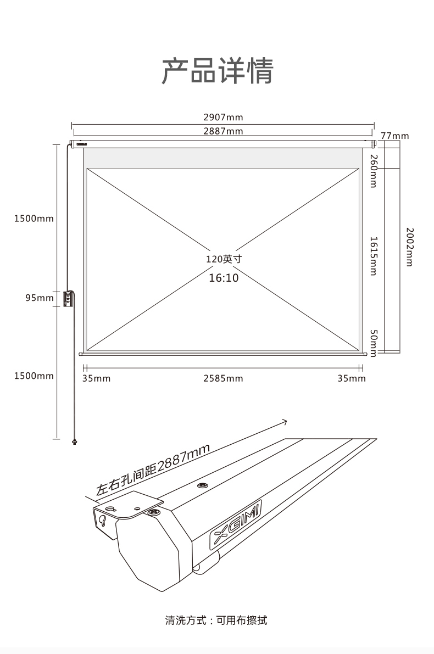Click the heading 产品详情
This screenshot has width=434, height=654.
pyautogui.click(x=218, y=71)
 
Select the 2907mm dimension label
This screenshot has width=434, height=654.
pyautogui.click(x=223, y=117)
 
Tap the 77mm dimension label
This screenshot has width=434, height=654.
pyautogui.click(x=395, y=136)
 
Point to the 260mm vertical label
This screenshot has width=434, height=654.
pyautogui.click(x=374, y=171)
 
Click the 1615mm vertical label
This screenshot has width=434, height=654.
pyautogui.click(x=374, y=256)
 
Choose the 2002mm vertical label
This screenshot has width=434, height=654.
pyautogui.click(x=409, y=247)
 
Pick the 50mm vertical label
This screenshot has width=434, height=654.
pyautogui.click(x=374, y=343)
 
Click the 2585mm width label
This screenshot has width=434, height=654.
pyautogui.click(x=223, y=378)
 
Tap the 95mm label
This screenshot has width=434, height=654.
pyautogui.click(x=40, y=298)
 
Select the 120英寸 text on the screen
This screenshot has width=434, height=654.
pyautogui.click(x=224, y=259)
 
